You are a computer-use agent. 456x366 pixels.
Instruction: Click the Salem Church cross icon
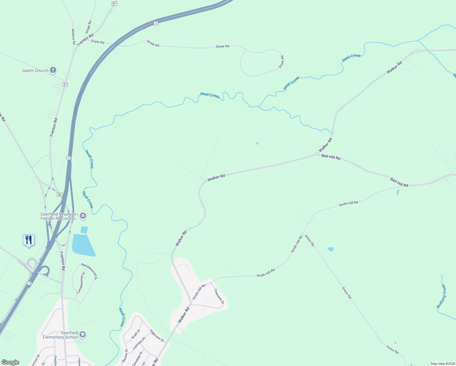[x=53, y=70]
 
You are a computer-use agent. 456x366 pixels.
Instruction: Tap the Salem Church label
[x=35, y=70]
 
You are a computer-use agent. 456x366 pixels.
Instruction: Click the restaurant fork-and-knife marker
[x=29, y=240]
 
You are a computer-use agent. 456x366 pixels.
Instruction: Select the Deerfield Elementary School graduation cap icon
[x=83, y=335]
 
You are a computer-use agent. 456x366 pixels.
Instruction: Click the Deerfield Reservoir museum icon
[x=83, y=216]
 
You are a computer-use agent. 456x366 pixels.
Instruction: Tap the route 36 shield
[x=59, y=194]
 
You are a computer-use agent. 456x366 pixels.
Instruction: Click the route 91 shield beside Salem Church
[x=65, y=84]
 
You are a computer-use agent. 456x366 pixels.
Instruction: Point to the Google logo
[x=10, y=362]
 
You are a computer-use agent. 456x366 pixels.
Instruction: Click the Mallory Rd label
[x=73, y=37]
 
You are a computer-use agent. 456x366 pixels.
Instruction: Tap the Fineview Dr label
[x=219, y=296]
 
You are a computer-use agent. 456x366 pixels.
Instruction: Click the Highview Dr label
[x=157, y=335]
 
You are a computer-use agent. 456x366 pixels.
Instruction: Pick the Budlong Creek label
[x=441, y=296]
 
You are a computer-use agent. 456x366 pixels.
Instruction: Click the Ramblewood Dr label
[x=89, y=271]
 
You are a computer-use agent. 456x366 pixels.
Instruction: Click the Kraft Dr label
[x=136, y=334]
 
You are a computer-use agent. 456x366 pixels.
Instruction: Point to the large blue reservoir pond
[x=82, y=245]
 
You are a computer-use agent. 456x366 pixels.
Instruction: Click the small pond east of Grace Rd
[x=330, y=249]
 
